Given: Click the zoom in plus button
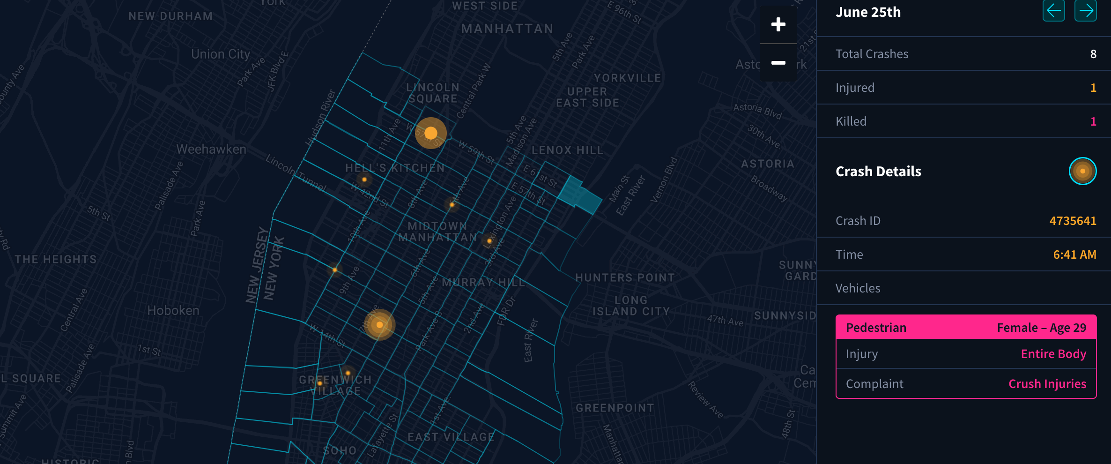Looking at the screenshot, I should pyautogui.click(x=778, y=24).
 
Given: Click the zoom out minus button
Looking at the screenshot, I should pyautogui.click(x=778, y=63).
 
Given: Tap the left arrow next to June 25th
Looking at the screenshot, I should pyautogui.click(x=1053, y=11).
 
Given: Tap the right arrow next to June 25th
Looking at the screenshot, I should pyautogui.click(x=1085, y=11).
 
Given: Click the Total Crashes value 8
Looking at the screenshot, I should pyautogui.click(x=1093, y=54).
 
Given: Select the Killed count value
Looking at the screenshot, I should pyautogui.click(x=1093, y=121).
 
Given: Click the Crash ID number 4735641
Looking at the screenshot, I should pyautogui.click(x=1073, y=221).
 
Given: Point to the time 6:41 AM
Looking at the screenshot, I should pyautogui.click(x=1074, y=254).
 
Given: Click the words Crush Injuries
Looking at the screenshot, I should pyautogui.click(x=1047, y=384).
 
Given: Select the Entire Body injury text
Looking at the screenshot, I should pyautogui.click(x=1053, y=354).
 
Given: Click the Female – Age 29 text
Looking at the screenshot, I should pyautogui.click(x=1041, y=328).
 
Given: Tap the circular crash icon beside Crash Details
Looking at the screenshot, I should pyautogui.click(x=1082, y=171).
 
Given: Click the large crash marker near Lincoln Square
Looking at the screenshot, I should pyautogui.click(x=431, y=133).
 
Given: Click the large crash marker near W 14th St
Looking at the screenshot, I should pyautogui.click(x=379, y=325).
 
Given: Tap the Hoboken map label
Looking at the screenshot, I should pyautogui.click(x=173, y=310).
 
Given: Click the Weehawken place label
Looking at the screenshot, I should pyautogui.click(x=211, y=149).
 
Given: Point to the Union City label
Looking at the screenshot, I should pyautogui.click(x=220, y=54).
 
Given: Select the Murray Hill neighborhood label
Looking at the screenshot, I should pyautogui.click(x=483, y=282).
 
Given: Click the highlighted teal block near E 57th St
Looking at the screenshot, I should pyautogui.click(x=579, y=195).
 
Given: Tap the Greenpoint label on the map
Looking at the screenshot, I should pyautogui.click(x=615, y=408).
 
